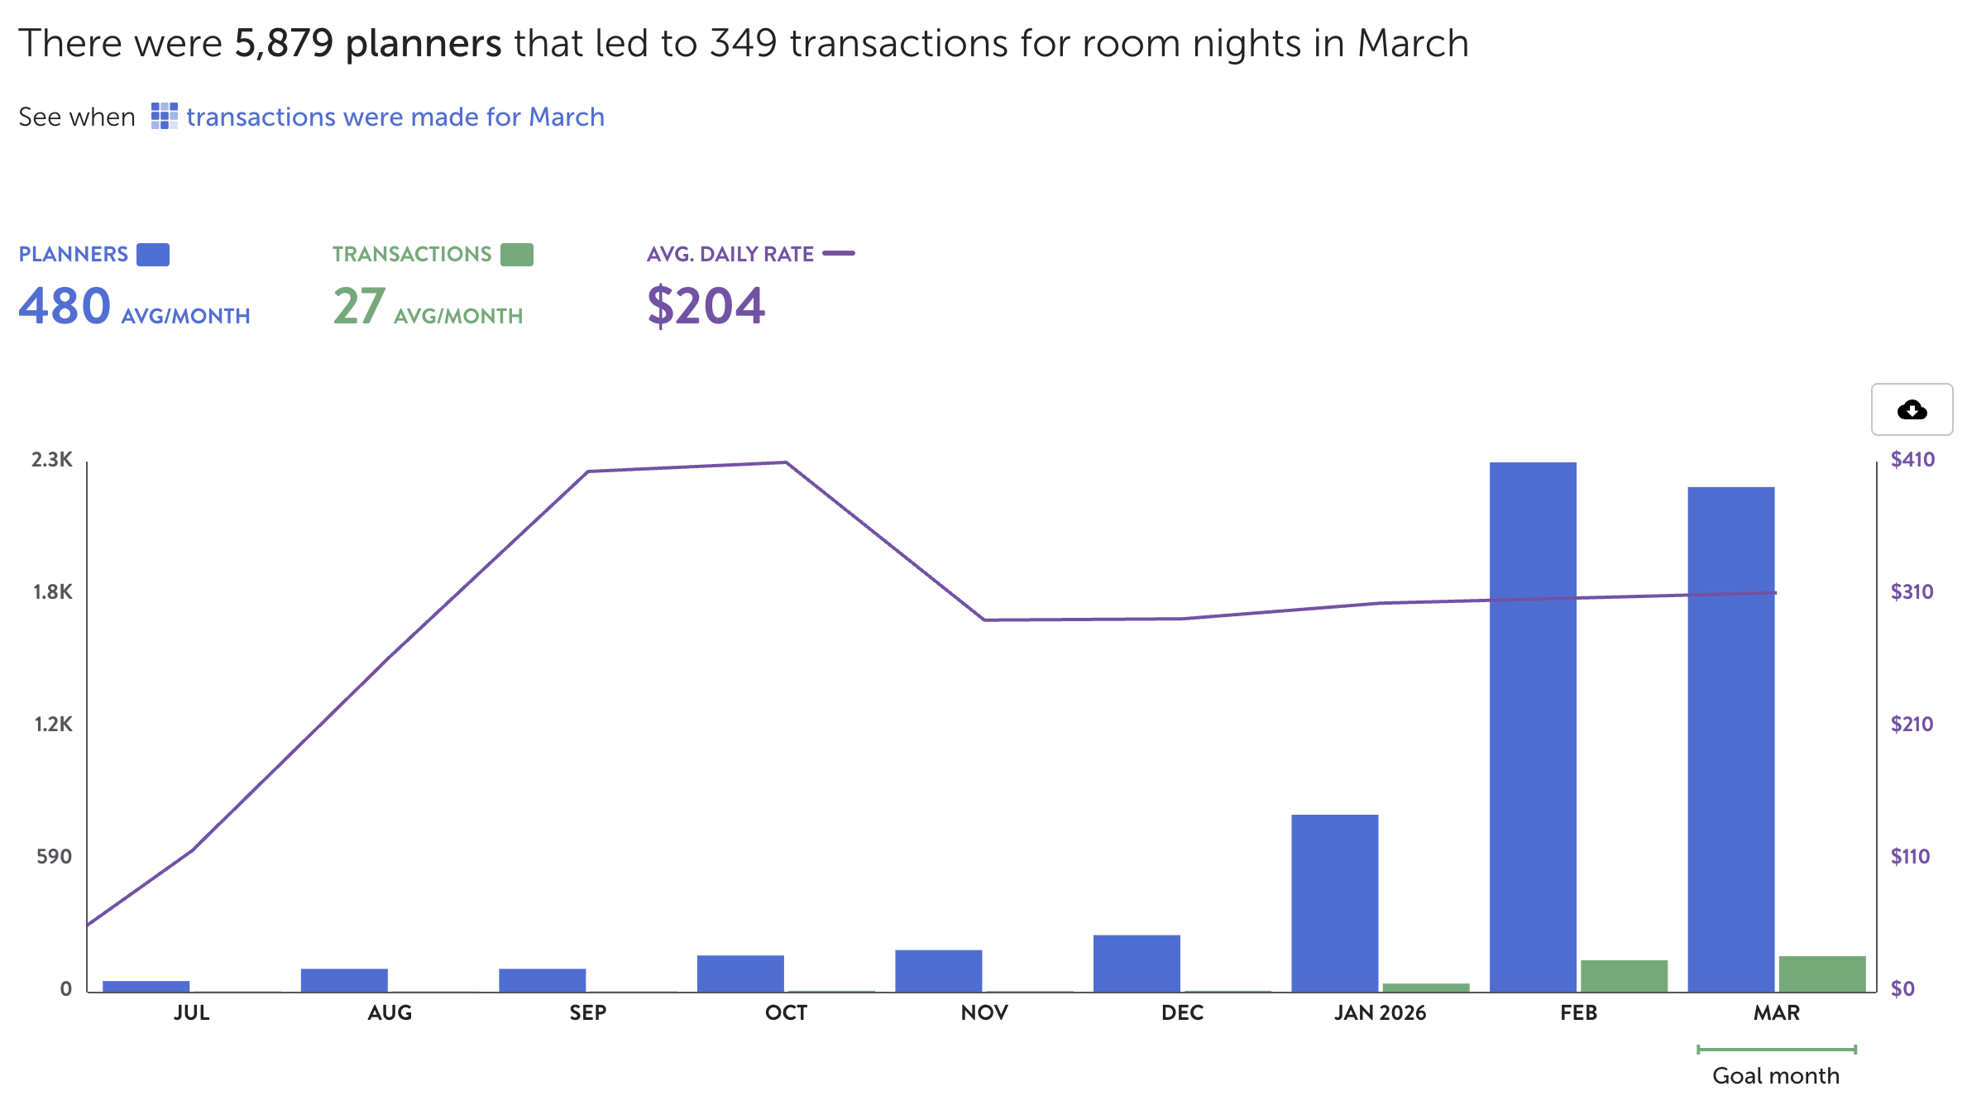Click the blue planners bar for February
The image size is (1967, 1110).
(1533, 728)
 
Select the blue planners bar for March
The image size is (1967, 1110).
(1730, 740)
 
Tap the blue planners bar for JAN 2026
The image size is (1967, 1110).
(1334, 903)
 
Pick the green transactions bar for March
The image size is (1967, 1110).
(1822, 974)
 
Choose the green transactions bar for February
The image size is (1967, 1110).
(1624, 976)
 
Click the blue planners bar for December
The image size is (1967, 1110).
(1137, 964)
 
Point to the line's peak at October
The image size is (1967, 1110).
(786, 462)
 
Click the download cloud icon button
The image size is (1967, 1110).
(1912, 409)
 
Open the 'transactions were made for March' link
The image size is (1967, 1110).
(395, 117)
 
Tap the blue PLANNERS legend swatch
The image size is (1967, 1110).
(153, 254)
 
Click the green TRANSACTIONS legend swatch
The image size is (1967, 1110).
(517, 254)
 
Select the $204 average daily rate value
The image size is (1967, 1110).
(706, 305)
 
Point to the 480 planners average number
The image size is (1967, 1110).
(65, 305)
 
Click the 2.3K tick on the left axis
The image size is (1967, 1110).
(52, 460)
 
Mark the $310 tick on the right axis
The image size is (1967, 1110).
(1912, 592)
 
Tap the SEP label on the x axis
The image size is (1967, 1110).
(587, 1012)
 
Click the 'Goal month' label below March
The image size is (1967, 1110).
(1776, 1075)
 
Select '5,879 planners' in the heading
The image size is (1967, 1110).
(368, 43)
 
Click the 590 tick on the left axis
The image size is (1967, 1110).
(54, 857)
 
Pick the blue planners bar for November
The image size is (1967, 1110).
(938, 971)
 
